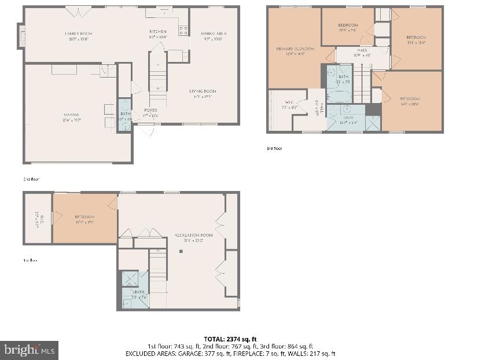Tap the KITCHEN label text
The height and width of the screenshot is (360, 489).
coord(157,32)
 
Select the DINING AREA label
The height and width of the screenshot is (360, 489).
coord(214,34)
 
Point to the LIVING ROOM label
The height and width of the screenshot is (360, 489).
coord(203,91)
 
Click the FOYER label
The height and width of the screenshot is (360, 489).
coord(150,110)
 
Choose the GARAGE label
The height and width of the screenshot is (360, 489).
coord(72,115)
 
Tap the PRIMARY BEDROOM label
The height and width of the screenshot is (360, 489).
coord(295,49)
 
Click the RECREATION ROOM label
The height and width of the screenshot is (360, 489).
coord(193,235)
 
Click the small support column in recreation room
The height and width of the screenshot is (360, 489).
coord(181,251)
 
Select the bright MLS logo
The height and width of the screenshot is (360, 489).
coord(30,350)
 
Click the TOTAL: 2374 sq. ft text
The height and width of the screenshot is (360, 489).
coord(230,339)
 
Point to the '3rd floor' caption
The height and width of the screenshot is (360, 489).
coord(274,149)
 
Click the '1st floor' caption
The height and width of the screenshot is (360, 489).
coord(30,260)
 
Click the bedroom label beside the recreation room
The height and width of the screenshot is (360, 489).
coord(84,217)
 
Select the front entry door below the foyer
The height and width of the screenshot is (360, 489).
coord(146,130)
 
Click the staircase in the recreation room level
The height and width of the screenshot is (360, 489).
coord(158,272)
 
